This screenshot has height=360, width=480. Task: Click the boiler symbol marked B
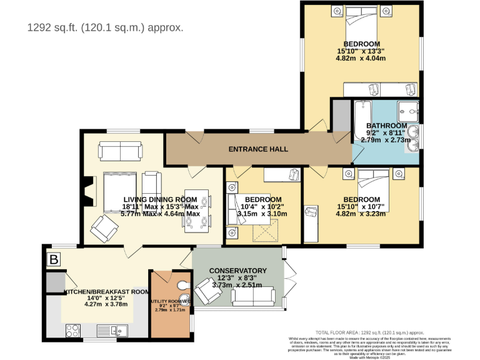(54, 259)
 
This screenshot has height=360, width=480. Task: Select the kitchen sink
(117, 329)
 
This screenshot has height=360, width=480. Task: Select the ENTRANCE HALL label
(258, 149)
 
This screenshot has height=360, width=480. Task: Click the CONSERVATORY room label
(237, 271)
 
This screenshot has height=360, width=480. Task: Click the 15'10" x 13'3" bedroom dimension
(361, 51)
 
